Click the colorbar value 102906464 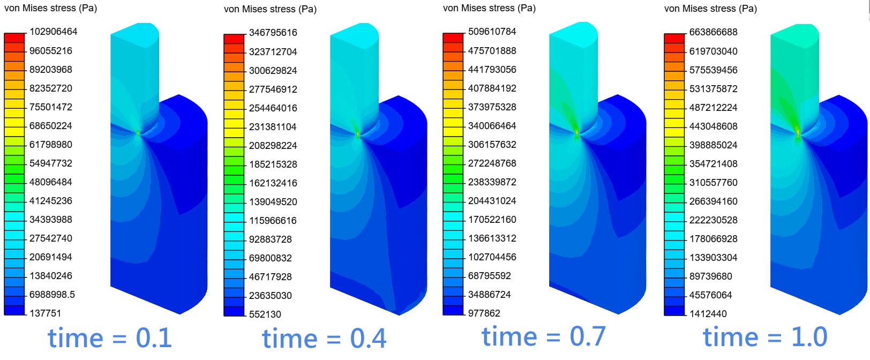53,32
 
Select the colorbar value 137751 45,313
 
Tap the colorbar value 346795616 273,33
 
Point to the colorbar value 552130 265,314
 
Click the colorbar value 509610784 492,32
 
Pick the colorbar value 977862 484,313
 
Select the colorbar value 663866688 713,32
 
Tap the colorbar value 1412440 708,313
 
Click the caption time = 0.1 110,338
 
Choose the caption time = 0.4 324,339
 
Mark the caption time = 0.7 543,336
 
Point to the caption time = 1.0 765,337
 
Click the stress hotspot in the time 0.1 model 138,133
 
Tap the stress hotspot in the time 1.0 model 798,133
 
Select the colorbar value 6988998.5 52,294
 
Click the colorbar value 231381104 273,126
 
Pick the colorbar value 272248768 492,163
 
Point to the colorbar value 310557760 713,182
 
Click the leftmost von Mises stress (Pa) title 50,9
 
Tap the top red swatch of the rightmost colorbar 674,37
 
